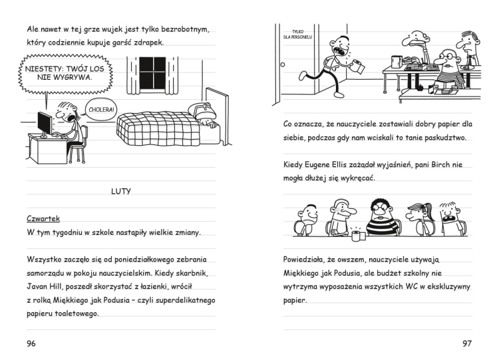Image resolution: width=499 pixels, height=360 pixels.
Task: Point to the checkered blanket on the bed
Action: pos(156,126)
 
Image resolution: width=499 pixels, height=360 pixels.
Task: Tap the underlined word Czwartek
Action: pos(44,218)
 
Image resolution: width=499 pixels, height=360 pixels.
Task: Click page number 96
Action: pos(31,343)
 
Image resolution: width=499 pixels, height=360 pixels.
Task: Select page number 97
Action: pos(468,343)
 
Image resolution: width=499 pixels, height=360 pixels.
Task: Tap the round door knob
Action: pos(283,65)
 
